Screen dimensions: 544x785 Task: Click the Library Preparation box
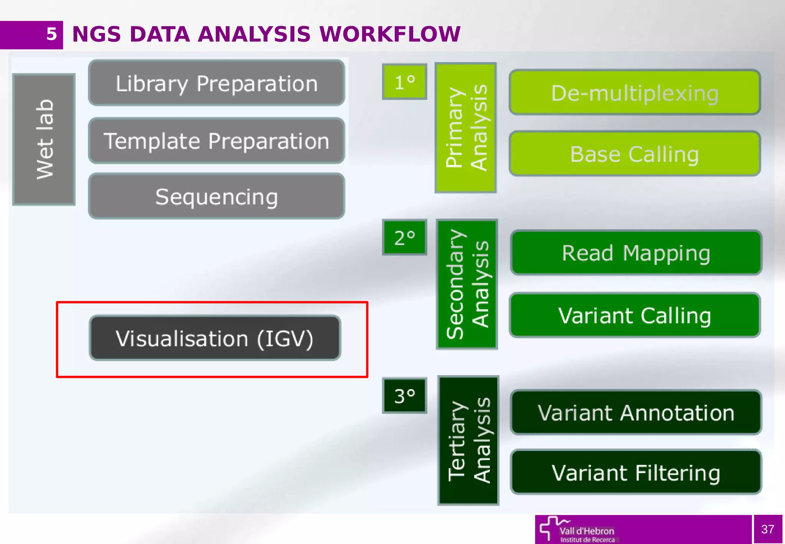(217, 83)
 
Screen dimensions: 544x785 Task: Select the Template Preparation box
(217, 141)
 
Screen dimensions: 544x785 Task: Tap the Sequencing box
(217, 196)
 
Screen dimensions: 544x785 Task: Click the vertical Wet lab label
(44, 139)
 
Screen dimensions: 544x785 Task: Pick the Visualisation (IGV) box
(215, 338)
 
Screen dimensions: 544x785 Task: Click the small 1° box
(404, 82)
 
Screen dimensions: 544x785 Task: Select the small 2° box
(404, 237)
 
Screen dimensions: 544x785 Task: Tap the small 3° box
(404, 396)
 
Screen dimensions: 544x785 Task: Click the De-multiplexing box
(635, 92)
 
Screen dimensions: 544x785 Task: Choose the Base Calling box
(635, 154)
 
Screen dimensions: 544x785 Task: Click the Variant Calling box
(635, 315)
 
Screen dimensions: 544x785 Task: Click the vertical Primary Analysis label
(466, 128)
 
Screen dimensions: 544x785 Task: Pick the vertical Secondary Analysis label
(467, 284)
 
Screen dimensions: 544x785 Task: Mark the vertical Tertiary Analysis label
(468, 440)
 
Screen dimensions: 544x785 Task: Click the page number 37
(767, 529)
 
